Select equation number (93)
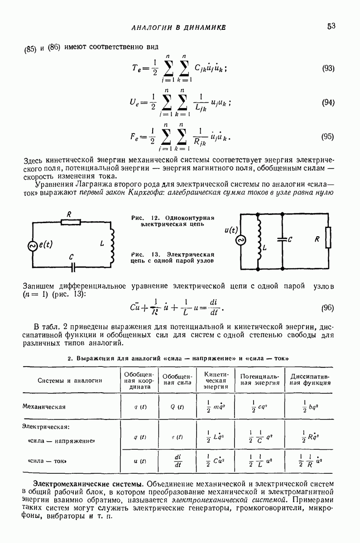[x=328, y=68]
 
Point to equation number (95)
[x=327, y=136]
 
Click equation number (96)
[x=327, y=308]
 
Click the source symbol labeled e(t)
[x=33, y=245]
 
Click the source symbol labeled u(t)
[x=240, y=240]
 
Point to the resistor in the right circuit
[x=328, y=240]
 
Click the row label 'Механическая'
[x=44, y=406]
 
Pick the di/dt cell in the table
[x=177, y=461]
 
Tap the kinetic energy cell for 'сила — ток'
[x=215, y=461]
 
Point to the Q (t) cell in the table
[x=177, y=406]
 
